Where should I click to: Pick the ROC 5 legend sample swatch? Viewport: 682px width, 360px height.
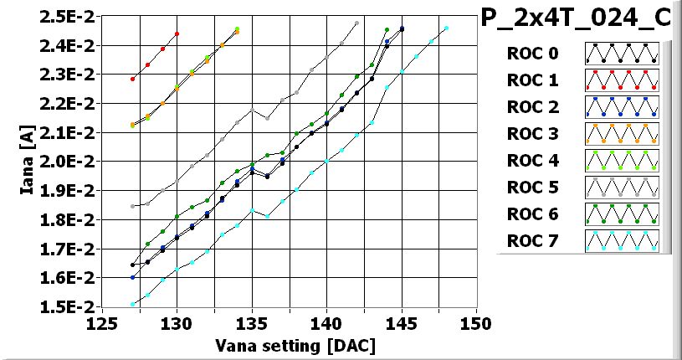pos(622,188)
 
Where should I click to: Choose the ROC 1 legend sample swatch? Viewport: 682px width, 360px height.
pos(622,81)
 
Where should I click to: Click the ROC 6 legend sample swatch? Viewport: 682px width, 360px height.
pos(622,215)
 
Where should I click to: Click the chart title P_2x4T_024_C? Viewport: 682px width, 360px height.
pos(580,19)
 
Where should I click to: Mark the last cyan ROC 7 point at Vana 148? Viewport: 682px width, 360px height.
pos(446,28)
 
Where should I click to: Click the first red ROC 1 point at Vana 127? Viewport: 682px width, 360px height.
pos(132,79)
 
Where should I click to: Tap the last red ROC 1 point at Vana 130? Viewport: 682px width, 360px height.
pos(177,33)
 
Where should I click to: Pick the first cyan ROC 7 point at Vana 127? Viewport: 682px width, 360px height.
pos(132,304)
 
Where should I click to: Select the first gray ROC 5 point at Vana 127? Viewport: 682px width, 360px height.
pos(132,206)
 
